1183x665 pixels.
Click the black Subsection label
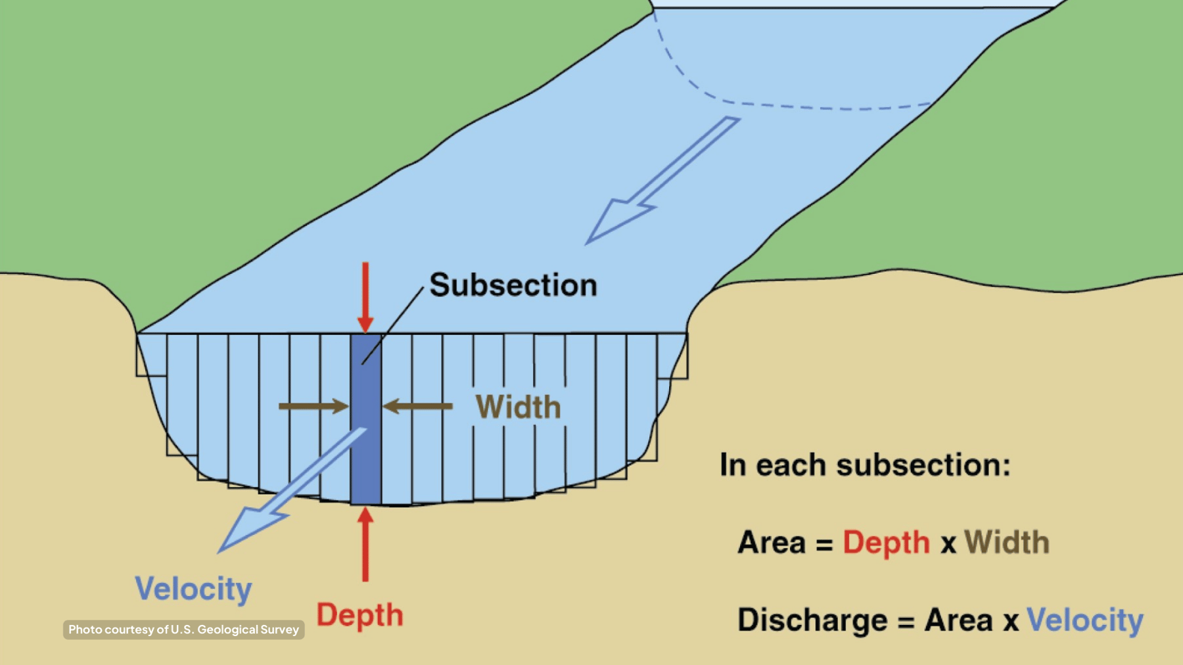click(x=513, y=285)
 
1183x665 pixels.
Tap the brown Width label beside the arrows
click(x=518, y=407)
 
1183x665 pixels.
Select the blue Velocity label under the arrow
click(x=193, y=589)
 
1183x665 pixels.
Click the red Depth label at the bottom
click(x=360, y=616)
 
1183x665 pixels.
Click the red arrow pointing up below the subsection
click(x=365, y=545)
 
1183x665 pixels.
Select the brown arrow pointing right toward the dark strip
click(x=313, y=406)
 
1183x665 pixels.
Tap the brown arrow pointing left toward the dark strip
click(x=418, y=406)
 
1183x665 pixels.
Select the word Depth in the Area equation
click(x=886, y=543)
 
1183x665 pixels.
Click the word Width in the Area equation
click(x=1006, y=543)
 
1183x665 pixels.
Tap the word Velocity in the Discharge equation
click(x=1084, y=620)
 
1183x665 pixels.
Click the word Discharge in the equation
click(x=812, y=620)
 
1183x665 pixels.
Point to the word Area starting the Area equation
click(x=771, y=543)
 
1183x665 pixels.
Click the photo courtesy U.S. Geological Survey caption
click(x=183, y=630)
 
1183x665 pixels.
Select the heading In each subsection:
click(x=865, y=465)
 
